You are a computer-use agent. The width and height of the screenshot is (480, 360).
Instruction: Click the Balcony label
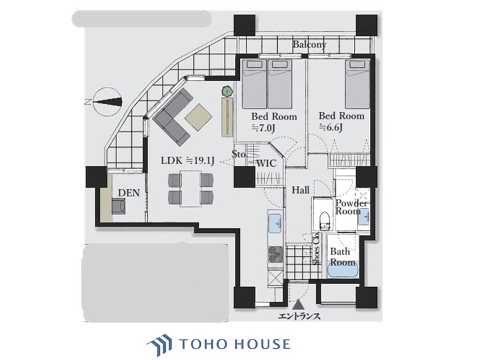[310, 45]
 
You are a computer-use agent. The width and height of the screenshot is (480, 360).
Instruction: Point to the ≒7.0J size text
[265, 127]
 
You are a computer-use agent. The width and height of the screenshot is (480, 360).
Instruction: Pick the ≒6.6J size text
[333, 127]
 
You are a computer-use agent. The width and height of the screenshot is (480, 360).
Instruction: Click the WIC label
[266, 163]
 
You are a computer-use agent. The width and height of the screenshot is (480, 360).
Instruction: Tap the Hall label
[301, 190]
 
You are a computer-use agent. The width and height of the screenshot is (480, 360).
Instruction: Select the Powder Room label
[352, 207]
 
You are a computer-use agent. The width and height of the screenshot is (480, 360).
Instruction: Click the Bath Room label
[342, 257]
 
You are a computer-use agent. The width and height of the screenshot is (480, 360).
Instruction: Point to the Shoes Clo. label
[316, 248]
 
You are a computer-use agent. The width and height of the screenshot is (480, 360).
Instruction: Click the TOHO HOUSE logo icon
[159, 345]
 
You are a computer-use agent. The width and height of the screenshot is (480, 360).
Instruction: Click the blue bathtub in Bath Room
[342, 271]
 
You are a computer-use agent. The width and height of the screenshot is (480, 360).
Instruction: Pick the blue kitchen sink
[275, 224]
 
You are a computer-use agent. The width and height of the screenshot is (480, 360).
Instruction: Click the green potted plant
[225, 92]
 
